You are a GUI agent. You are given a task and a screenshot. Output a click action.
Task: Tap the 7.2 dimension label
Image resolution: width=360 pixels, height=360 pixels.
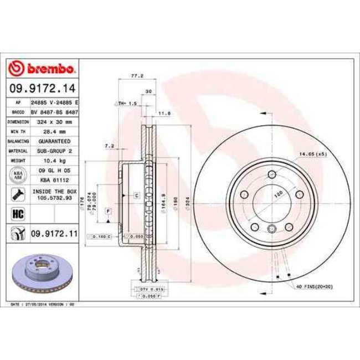point(109,146)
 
